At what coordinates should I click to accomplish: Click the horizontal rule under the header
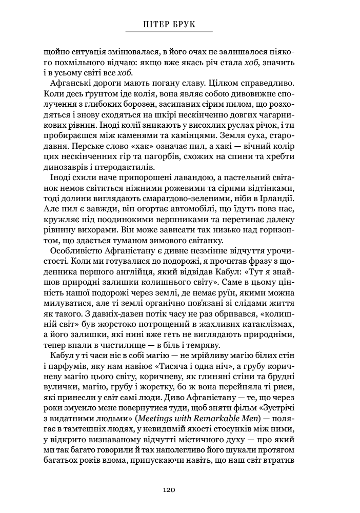point(169,32)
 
